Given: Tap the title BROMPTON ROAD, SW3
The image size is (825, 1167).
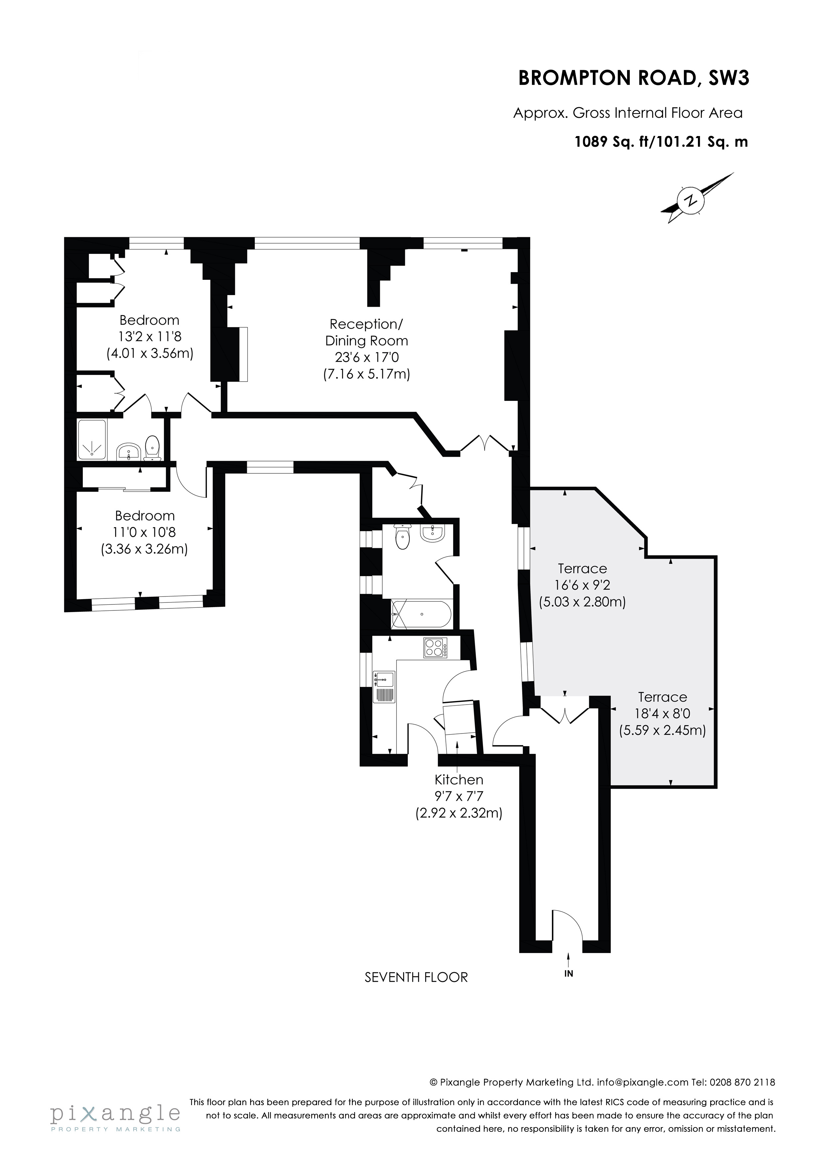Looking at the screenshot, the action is (633, 78).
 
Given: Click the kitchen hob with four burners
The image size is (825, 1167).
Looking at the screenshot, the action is (435, 648).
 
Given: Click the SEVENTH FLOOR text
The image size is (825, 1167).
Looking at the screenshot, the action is (416, 977).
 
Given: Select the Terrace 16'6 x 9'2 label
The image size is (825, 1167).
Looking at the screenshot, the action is (582, 585).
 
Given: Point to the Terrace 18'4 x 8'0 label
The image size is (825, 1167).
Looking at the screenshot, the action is (662, 714).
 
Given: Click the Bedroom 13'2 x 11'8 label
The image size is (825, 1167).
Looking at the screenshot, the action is (149, 336).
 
